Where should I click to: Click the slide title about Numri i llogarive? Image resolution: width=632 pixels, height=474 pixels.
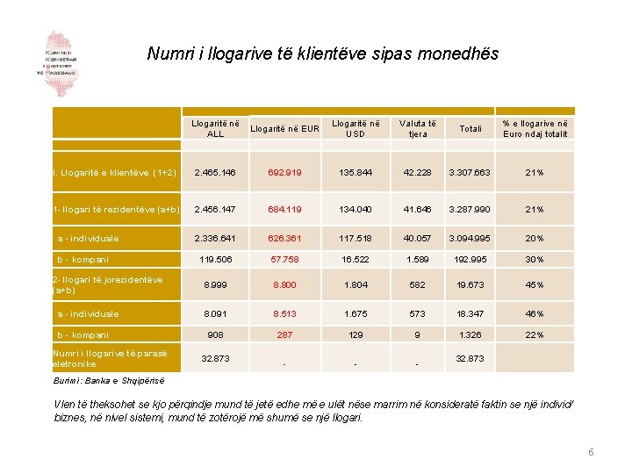pos(322,54)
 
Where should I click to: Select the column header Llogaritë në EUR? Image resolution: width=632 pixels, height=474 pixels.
pos(284,129)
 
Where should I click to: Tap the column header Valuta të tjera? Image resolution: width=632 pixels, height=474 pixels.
pos(418,128)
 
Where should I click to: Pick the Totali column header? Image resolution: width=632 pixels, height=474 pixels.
pos(470,129)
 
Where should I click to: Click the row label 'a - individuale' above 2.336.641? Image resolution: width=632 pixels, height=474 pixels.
pos(88,238)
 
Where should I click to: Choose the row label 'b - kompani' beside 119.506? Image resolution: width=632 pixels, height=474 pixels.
pos(83,260)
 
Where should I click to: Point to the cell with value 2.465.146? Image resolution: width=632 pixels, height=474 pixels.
pos(215,172)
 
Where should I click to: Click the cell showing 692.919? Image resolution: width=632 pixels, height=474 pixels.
pos(284,172)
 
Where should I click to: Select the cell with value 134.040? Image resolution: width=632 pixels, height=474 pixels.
pos(355,209)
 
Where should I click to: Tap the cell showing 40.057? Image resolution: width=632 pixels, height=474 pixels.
pos(418,238)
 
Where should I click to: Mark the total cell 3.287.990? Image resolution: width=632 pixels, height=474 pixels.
pos(470,209)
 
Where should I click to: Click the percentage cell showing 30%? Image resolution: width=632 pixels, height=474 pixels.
pos(535,260)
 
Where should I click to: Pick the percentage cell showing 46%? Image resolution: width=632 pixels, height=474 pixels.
pos(535,313)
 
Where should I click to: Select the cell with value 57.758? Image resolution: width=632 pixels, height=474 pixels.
pos(284,260)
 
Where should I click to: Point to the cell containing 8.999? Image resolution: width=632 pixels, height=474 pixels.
pos(215,284)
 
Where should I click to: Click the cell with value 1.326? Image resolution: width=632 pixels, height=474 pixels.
pos(470,334)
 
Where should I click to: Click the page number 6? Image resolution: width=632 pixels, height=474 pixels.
pos(591,451)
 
